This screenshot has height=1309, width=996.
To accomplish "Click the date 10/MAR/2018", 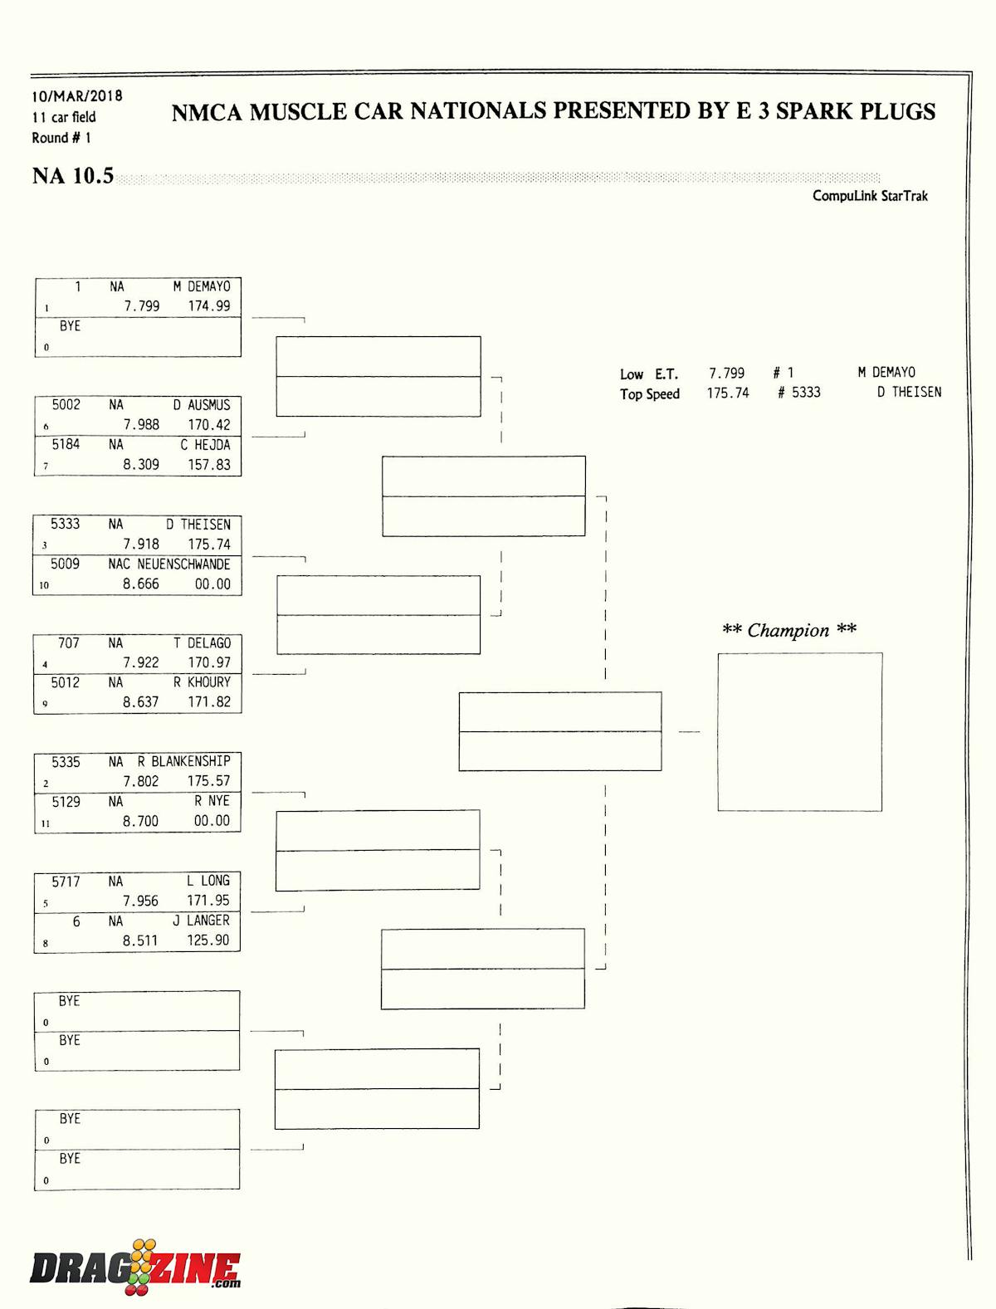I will pos(77,96).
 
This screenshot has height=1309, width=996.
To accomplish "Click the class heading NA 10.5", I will pos(73,176).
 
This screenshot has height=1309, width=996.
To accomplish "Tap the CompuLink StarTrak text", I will pos(870,196).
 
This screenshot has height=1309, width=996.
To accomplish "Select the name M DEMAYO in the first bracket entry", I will pos(202,286).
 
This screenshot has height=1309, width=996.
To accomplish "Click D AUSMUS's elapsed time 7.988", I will pos(141,424).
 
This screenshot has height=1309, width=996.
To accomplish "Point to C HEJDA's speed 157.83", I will pos(209,464).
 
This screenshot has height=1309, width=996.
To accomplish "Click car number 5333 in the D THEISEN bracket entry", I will pos(66,524).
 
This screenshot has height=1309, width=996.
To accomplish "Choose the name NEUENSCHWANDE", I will pos(183,564).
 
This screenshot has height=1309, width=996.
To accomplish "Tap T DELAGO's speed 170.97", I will pos(209,662).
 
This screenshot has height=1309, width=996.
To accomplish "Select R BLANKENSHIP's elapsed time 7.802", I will pos(140,781).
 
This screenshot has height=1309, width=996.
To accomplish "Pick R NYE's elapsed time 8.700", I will pos(140,821).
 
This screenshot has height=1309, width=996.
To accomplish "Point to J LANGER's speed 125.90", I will pos(208,940).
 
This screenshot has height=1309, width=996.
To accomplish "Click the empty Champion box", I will pos(799,731).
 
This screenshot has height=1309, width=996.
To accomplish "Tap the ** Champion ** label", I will pos(788,630).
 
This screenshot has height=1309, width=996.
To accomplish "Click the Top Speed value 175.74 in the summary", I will pos(728,393).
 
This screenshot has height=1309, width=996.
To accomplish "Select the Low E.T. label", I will pos(649,374).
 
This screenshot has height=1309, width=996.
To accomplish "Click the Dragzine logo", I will pos(135,1268).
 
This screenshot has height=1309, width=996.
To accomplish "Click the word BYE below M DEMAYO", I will pos(71,326).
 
